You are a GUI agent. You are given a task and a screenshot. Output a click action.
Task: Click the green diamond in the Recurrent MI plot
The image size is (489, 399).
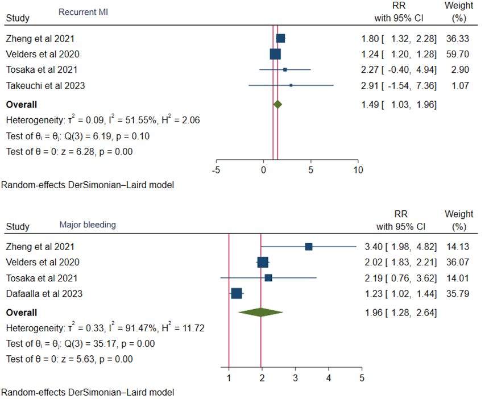click(277, 105)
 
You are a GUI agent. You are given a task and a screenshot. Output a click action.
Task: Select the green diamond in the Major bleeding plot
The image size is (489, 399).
click(260, 313)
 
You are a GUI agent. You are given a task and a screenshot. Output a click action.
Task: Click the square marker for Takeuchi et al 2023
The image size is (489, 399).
click(291, 85)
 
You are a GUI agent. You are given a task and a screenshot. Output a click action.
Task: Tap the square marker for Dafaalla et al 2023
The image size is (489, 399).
click(237, 293)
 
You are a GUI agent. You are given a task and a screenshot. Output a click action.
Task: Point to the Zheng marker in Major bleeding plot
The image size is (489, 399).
click(308, 247)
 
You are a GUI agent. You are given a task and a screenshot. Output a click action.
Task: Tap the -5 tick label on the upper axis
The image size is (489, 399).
click(217, 169)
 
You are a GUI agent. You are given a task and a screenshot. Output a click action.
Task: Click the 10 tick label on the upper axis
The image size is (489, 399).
click(358, 169)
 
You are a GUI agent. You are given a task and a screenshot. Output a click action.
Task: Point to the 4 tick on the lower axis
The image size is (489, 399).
click(329, 377)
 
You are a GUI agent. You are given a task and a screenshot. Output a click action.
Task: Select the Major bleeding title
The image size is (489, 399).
click(88, 225)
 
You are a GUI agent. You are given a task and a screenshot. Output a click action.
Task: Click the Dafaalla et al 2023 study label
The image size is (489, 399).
click(44, 294)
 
